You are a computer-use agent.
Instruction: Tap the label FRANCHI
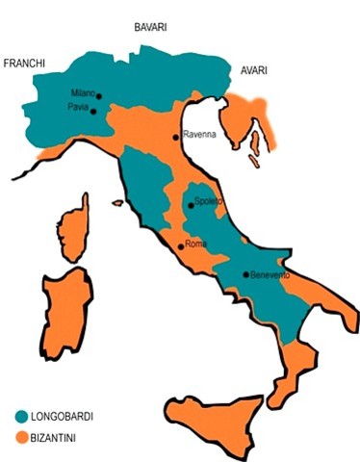coord(25,64)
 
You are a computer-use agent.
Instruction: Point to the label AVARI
coord(253,70)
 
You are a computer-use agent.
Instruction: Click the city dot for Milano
coord(98,95)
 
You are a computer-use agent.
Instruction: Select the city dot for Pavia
coord(94,111)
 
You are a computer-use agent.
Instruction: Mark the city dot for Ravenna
coord(175,137)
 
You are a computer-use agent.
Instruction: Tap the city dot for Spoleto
coord(189,205)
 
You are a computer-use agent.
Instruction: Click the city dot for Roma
coord(180,246)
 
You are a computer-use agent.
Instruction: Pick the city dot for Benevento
coord(245,275)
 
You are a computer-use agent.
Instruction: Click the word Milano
coord(82,92)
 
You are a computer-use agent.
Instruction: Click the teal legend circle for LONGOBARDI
coord(21,417)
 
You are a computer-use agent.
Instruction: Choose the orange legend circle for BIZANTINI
coord(21,438)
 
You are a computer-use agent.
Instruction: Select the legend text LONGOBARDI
coord(67,417)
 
